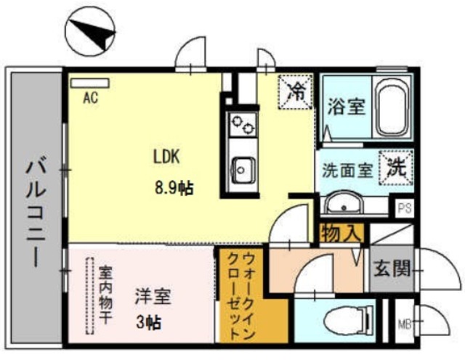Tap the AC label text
pos(90,98)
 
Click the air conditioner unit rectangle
pos(89,83)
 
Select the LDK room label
pos(166,157)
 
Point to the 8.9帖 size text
pos(174,187)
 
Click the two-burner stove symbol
pos(243,124)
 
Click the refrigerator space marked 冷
pos(296,92)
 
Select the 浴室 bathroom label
pos(346,106)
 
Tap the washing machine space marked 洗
pos(396,168)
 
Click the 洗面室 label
pos(347,171)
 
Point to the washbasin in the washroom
pos(344,203)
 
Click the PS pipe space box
pos(405,208)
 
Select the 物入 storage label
pos(341,234)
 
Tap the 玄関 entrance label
pos(392,269)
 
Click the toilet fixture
pos(349,321)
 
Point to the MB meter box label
pos(405,324)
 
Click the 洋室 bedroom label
pos(153,296)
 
